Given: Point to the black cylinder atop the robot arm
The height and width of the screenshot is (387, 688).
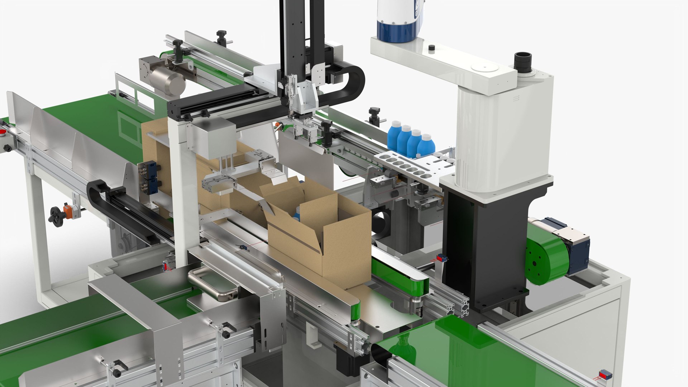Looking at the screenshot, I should pyautogui.click(x=523, y=61).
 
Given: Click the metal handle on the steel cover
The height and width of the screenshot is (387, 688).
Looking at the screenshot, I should pyautogui.click(x=211, y=283).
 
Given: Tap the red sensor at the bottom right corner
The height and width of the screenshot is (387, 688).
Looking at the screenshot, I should pyautogui.click(x=606, y=375).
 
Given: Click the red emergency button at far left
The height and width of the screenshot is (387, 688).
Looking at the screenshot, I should pyautogui.click(x=3, y=133).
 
